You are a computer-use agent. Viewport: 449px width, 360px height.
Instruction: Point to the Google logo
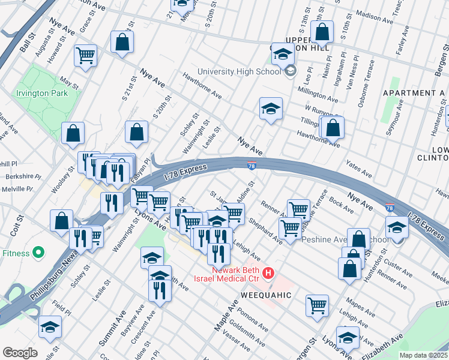click(x=20, y=352)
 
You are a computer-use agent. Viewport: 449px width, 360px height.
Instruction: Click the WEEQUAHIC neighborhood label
click(x=266, y=295)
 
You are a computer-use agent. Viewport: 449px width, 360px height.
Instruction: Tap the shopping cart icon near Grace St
click(x=86, y=56)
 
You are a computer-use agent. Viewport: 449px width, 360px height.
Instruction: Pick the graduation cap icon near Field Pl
click(x=50, y=326)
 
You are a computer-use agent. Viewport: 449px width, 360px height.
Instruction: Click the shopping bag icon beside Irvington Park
click(x=73, y=134)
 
